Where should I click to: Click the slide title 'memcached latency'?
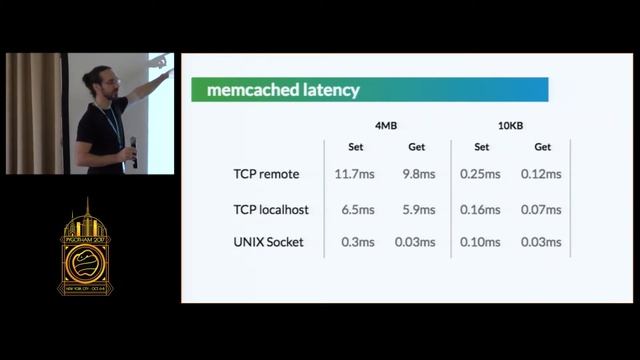(283, 90)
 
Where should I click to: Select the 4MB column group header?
(386, 125)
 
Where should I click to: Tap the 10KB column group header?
(511, 125)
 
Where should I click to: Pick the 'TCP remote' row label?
(266, 174)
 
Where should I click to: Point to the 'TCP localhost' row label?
(272, 209)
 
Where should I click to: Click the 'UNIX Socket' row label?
(269, 242)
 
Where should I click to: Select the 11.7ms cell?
(355, 174)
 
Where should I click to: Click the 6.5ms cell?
(357, 209)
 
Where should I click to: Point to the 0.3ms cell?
(357, 242)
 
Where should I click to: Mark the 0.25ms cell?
(481, 174)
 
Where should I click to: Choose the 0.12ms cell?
(542, 174)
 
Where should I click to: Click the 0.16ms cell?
(481, 209)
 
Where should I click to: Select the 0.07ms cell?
(542, 209)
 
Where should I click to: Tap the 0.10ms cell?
(481, 242)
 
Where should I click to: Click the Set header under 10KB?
(481, 147)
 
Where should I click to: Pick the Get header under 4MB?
(416, 147)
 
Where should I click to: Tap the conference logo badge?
(85, 249)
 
